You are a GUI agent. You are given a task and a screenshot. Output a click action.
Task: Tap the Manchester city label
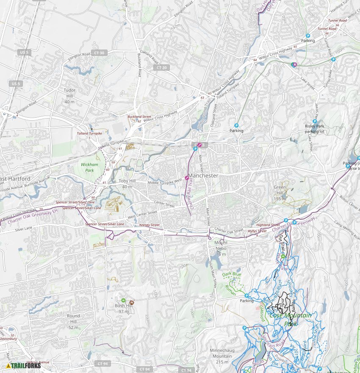coord(203,175)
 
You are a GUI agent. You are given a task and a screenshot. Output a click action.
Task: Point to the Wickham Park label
coord(89,167)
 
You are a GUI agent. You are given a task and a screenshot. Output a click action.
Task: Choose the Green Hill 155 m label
coord(280,190)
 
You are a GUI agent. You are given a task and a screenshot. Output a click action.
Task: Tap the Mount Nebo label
coord(221,246)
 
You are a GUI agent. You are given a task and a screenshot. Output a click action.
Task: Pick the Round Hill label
coord(73,318)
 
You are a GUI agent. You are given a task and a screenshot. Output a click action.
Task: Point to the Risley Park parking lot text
coord(314,129)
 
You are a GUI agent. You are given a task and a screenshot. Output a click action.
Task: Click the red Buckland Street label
coord(139,116)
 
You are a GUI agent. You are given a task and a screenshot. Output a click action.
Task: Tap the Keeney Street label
coord(149,225)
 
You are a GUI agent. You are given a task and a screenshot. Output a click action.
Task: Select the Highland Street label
coord(268,225)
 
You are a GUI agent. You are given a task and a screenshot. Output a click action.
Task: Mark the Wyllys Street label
coord(257,231)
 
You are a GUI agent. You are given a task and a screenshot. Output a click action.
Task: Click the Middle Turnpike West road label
coord(165,182)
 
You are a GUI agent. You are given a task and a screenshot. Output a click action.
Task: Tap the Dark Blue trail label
coord(232,274)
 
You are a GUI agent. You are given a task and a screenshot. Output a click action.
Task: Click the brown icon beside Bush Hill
coord(132,303)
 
